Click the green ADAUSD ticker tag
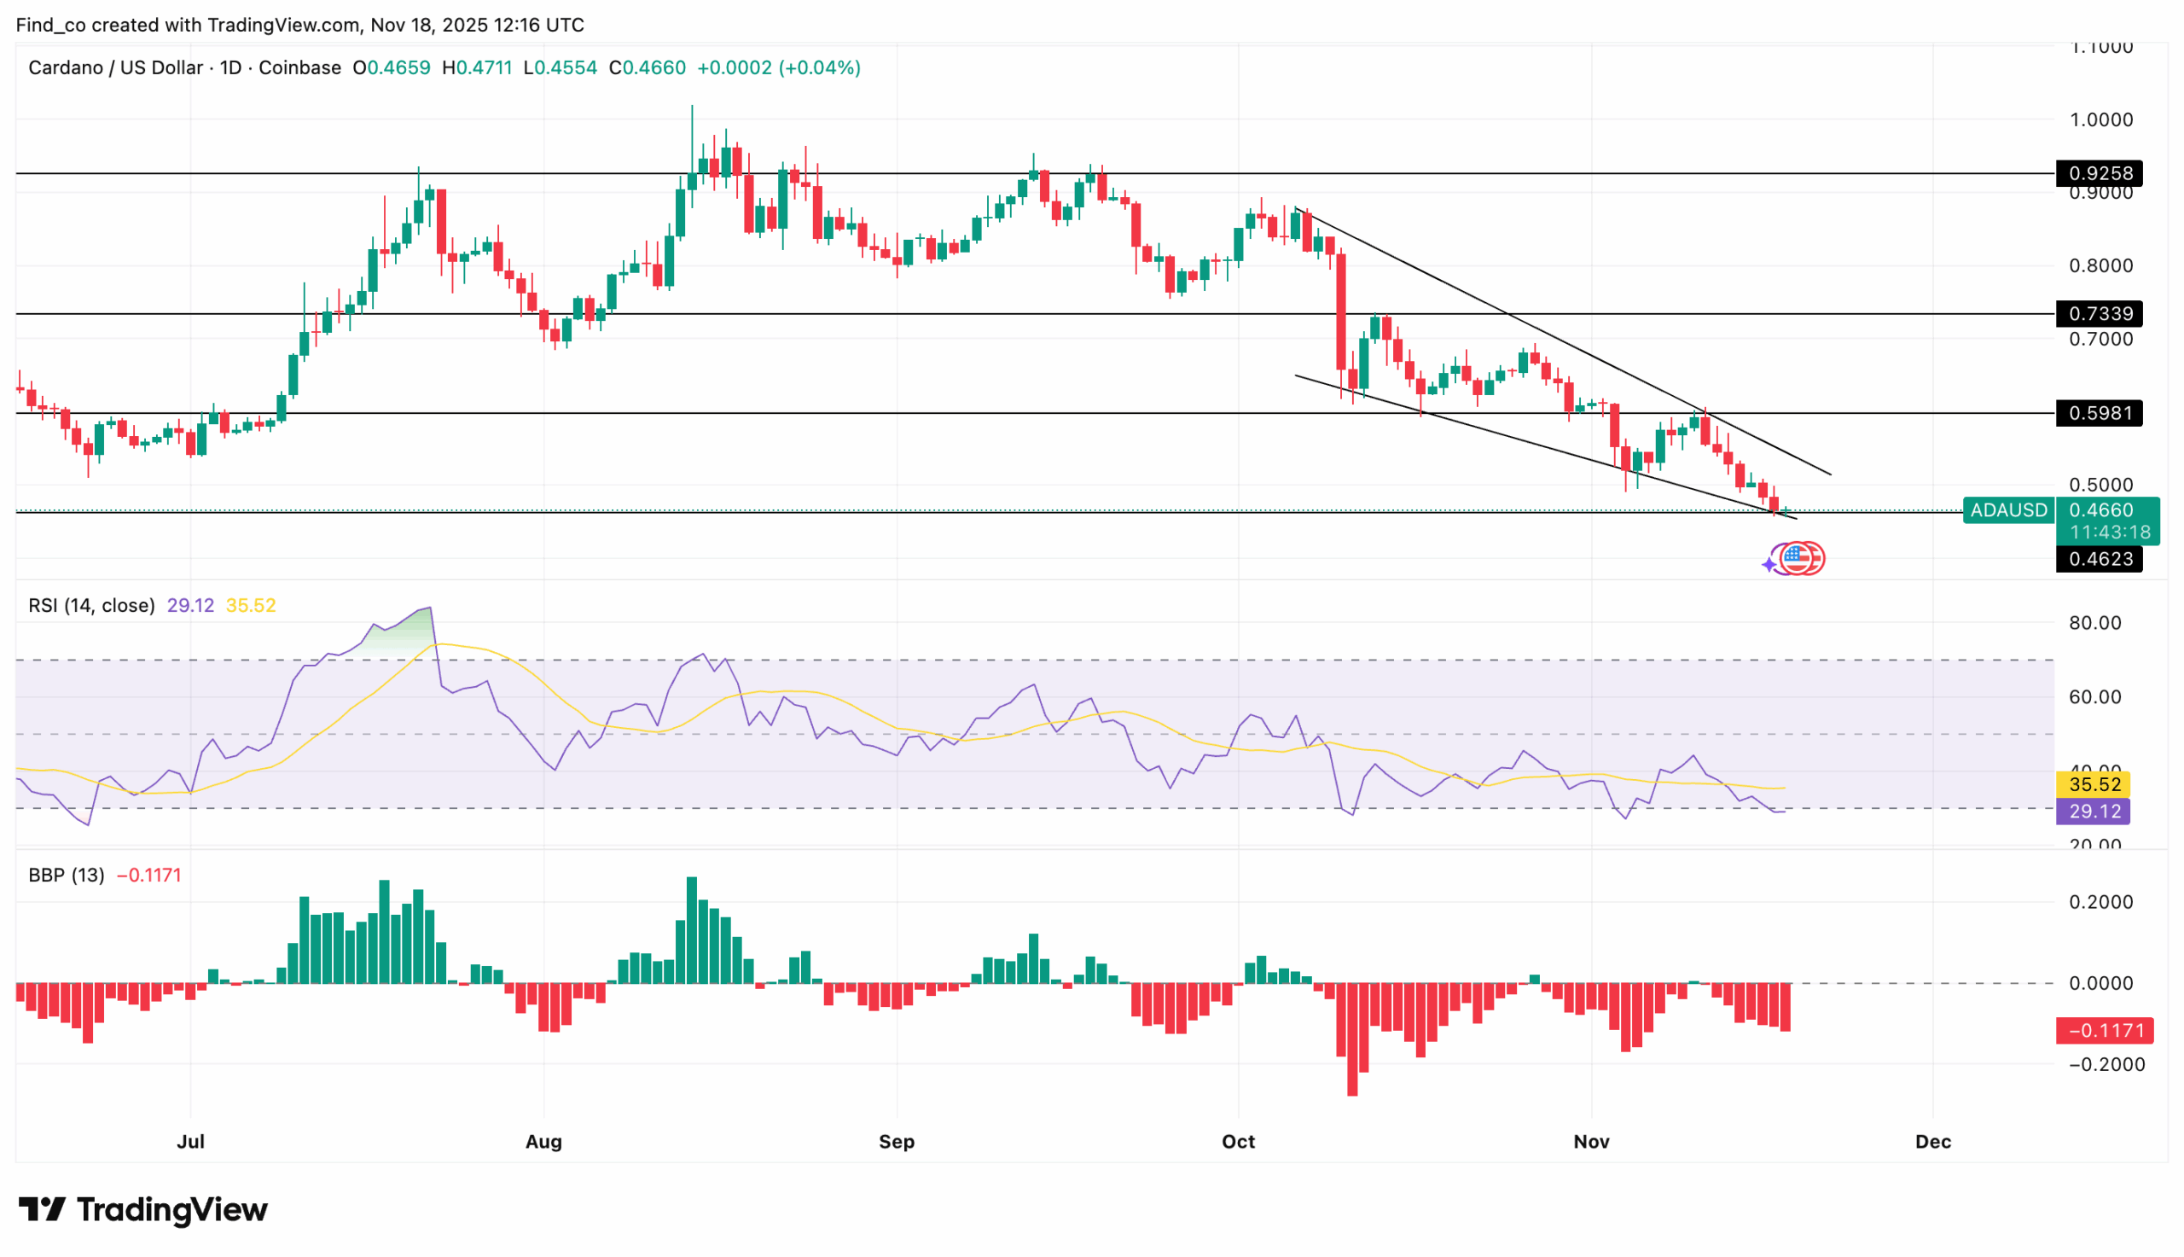pos(2007,510)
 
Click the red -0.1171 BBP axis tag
pos(2104,1030)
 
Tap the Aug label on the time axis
pos(543,1141)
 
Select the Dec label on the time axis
pos(1933,1141)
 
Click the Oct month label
pos(1237,1141)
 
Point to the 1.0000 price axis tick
pos(2100,120)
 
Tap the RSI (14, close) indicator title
pos(91,605)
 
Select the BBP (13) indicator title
pos(66,875)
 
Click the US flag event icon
pos(1797,559)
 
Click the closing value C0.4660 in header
pos(648,67)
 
